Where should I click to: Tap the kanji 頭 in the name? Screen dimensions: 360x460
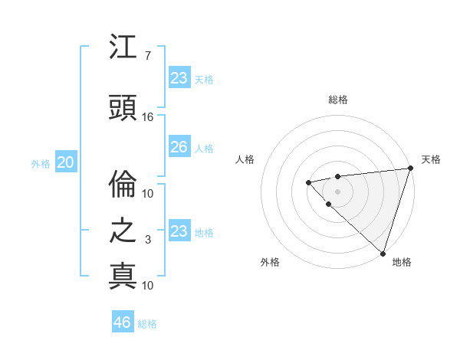coord(123,107)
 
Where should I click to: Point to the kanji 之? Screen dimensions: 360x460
coord(123,231)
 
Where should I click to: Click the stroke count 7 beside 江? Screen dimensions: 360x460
coord(147,56)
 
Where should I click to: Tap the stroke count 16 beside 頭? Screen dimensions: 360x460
coord(148,117)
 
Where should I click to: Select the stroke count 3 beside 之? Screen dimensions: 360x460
coord(148,240)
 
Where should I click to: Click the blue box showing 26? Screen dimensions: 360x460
coord(179,147)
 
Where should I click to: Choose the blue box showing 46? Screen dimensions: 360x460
coord(122,322)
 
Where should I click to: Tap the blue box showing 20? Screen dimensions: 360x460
coord(66,162)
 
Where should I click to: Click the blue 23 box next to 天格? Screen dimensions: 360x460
coord(179,78)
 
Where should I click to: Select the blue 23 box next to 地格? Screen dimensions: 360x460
coord(179,231)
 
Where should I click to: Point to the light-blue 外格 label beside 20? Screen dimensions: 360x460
coord(41,163)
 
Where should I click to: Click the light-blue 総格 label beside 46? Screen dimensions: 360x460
coord(147,323)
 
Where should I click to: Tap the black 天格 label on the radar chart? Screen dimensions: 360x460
coord(431,159)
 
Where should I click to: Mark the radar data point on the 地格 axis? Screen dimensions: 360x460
coord(383,254)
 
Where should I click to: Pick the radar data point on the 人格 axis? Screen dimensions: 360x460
coord(308,182)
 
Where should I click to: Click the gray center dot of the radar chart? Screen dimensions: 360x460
coord(337,191)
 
